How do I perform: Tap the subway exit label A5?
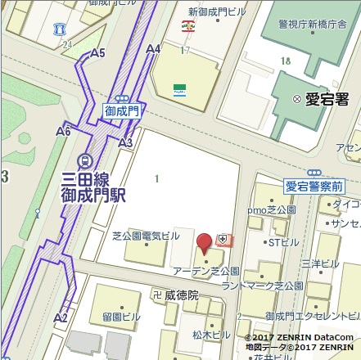click(x=99, y=53)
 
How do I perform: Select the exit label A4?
click(x=153, y=50)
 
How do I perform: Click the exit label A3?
click(x=125, y=143)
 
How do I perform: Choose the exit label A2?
click(x=61, y=317)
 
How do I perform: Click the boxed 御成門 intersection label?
click(x=123, y=108)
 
